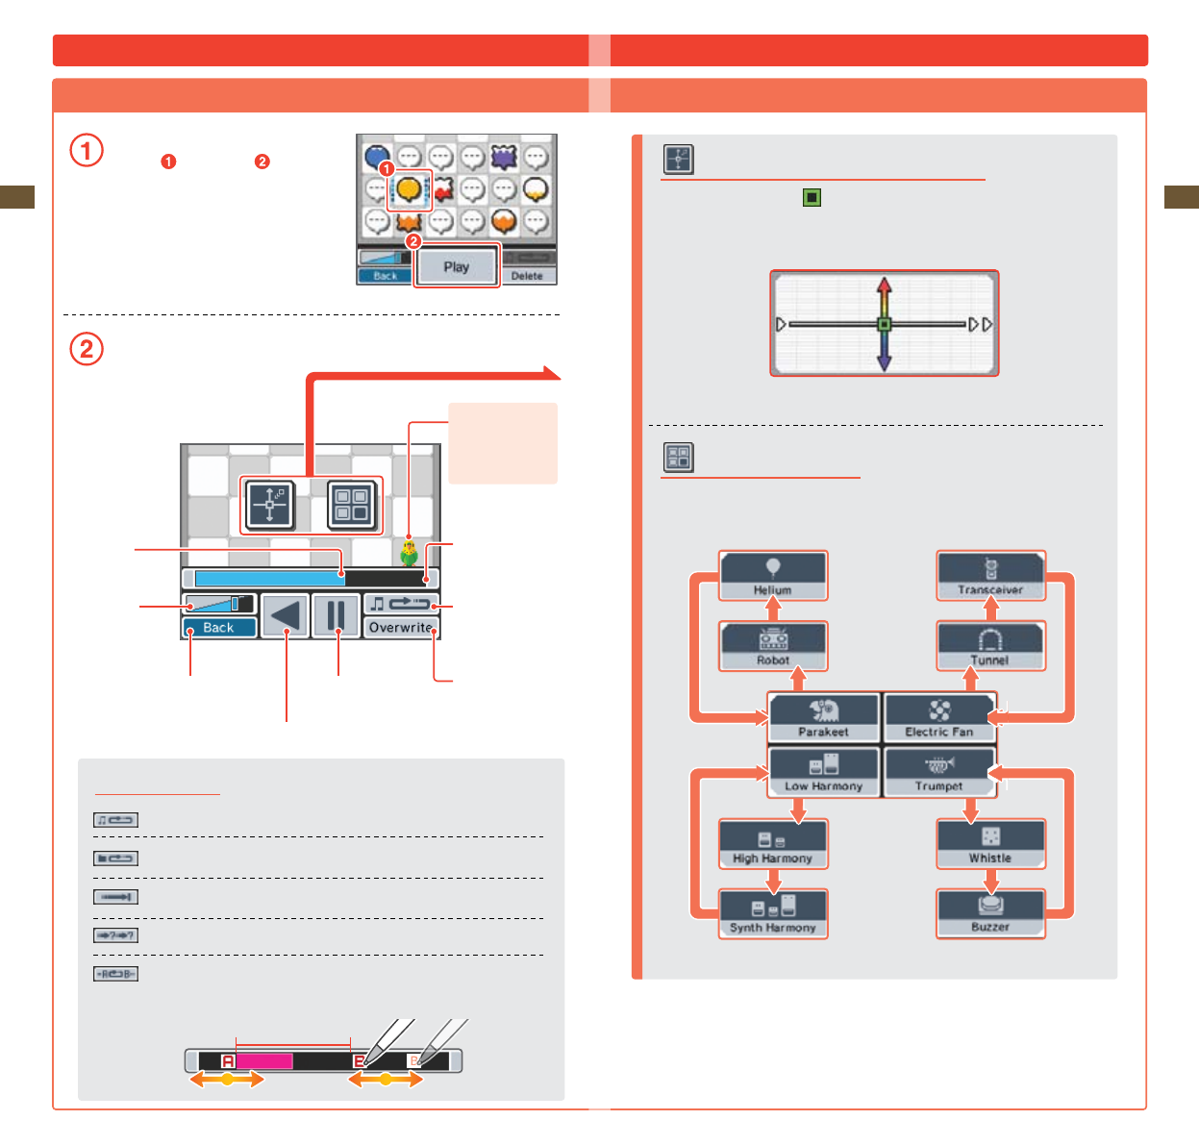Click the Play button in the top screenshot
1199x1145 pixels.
tap(457, 266)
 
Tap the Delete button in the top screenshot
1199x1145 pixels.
tap(527, 276)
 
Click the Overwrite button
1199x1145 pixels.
tap(401, 627)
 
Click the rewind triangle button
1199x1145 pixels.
tap(285, 616)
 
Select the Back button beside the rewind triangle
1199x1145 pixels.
tap(218, 627)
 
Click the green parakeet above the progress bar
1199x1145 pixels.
tap(410, 553)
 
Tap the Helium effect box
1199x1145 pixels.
tap(773, 576)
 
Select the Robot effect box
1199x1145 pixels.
tap(773, 646)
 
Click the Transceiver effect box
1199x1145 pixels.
tap(991, 576)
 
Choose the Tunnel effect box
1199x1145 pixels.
tap(991, 646)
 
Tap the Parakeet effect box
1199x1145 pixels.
tap(824, 717)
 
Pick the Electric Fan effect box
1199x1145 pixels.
tap(939, 717)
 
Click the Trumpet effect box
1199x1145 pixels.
tap(939, 772)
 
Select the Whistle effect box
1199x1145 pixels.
tap(991, 844)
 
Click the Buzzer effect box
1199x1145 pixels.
tap(991, 914)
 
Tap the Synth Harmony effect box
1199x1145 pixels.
tap(773, 914)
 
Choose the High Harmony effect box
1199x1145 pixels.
tap(773, 844)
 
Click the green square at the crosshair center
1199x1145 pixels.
tap(885, 324)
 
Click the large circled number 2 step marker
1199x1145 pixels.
tap(87, 348)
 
